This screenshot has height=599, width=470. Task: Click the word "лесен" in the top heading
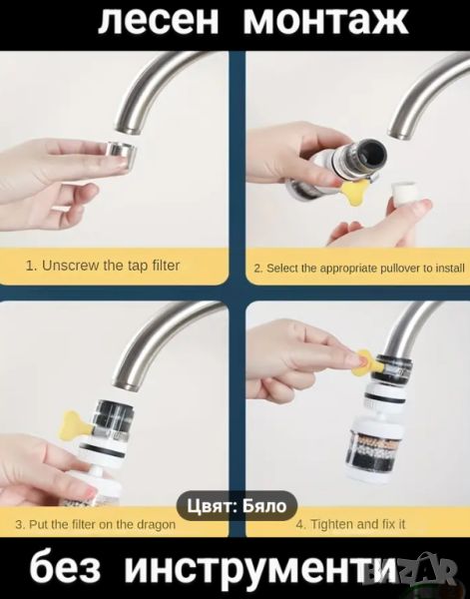pos(159,21)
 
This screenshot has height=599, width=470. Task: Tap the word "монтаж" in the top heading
pos(325,21)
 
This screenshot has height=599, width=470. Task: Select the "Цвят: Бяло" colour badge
pos(236,506)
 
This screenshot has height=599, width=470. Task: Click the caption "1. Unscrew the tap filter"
pos(103,266)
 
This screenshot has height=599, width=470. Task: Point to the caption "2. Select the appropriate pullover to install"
pos(359,269)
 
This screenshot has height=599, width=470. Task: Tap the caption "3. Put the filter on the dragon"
pos(96,524)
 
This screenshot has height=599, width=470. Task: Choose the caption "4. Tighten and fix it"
pos(350,524)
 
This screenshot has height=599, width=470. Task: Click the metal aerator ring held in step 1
pos(120,154)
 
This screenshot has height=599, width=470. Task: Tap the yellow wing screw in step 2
pos(353,191)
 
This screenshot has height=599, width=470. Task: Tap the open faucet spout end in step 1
pos(127,129)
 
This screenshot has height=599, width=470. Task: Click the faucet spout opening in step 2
pos(400,135)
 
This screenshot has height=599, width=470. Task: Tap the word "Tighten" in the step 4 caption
pos(329,524)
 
